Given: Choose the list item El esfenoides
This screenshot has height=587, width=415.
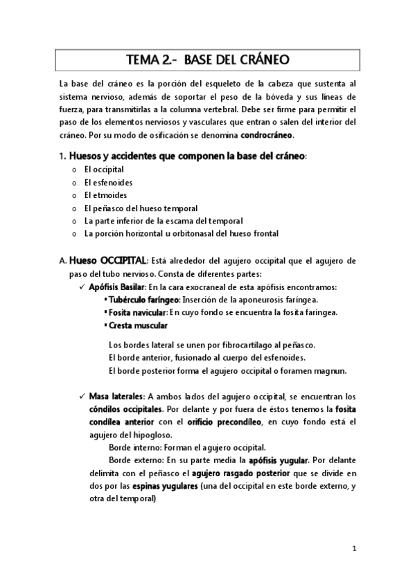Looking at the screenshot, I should pos(108,182).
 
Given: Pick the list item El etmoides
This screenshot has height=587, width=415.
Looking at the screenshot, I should pos(105,195).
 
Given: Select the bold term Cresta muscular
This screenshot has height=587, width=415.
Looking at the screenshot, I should pos(137,325).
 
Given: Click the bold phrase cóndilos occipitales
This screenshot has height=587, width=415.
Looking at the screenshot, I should pos(123,410).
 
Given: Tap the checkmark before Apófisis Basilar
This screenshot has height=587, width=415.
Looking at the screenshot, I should pos(82,287).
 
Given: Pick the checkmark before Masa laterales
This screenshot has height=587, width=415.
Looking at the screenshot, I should pos(82,397).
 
